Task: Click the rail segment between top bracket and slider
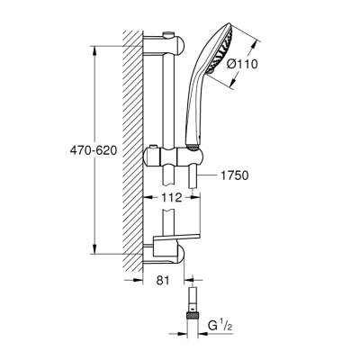click(168, 99)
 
